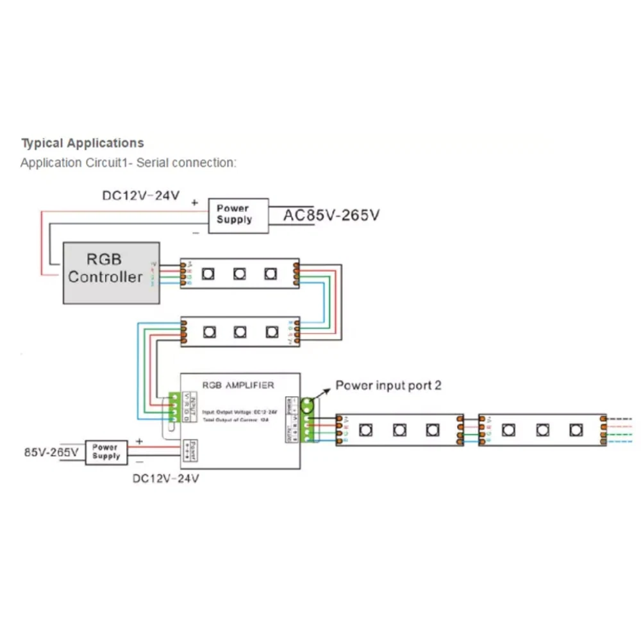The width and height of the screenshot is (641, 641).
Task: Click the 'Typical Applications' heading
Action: point(83,143)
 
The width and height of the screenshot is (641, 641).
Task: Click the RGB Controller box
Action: point(111,272)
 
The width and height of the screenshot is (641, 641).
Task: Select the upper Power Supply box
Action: point(234,214)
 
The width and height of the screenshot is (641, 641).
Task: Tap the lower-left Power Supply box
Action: point(106,452)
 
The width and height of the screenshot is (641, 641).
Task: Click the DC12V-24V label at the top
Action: point(141,195)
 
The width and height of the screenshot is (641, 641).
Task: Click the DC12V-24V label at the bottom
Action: point(165,478)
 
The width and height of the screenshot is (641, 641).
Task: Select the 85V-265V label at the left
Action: point(51,452)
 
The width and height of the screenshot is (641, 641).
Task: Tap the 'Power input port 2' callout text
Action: point(388,385)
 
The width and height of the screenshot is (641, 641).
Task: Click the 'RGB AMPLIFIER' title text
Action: point(238,385)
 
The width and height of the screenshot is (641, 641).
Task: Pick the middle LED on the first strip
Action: point(239,274)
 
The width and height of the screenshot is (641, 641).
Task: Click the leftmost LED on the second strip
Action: point(209,332)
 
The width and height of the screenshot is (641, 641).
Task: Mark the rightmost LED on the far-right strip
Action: point(576,429)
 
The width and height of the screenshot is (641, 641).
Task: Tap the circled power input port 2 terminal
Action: point(308,405)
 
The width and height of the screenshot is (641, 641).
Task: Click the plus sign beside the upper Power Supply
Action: point(195,203)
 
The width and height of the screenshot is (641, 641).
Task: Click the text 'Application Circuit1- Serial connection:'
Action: point(128,163)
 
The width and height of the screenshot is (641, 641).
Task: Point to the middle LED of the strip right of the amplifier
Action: point(399,429)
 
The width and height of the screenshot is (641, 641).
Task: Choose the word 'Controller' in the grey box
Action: point(105,278)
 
